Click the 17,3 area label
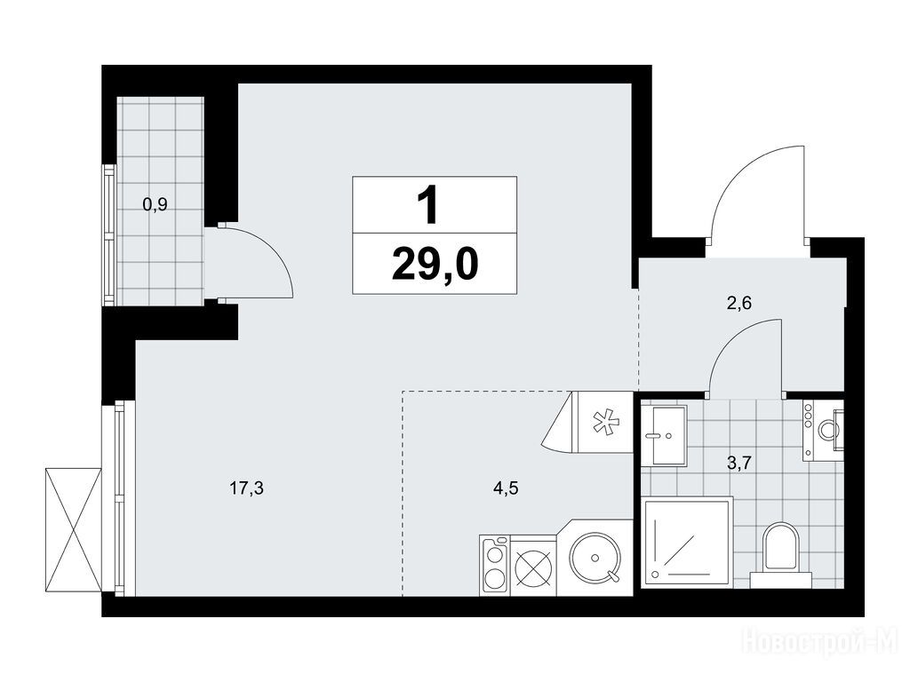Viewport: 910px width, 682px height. (247, 489)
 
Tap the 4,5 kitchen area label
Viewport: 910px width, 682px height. (506, 488)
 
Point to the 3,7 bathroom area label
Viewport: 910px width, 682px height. (739, 462)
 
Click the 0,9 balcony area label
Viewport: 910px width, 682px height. (155, 204)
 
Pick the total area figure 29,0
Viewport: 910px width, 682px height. (435, 265)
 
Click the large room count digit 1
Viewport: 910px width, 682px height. (429, 206)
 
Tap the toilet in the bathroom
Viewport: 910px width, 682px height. (780, 554)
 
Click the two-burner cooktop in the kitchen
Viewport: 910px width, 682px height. (494, 565)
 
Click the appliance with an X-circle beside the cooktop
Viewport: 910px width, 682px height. (533, 565)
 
